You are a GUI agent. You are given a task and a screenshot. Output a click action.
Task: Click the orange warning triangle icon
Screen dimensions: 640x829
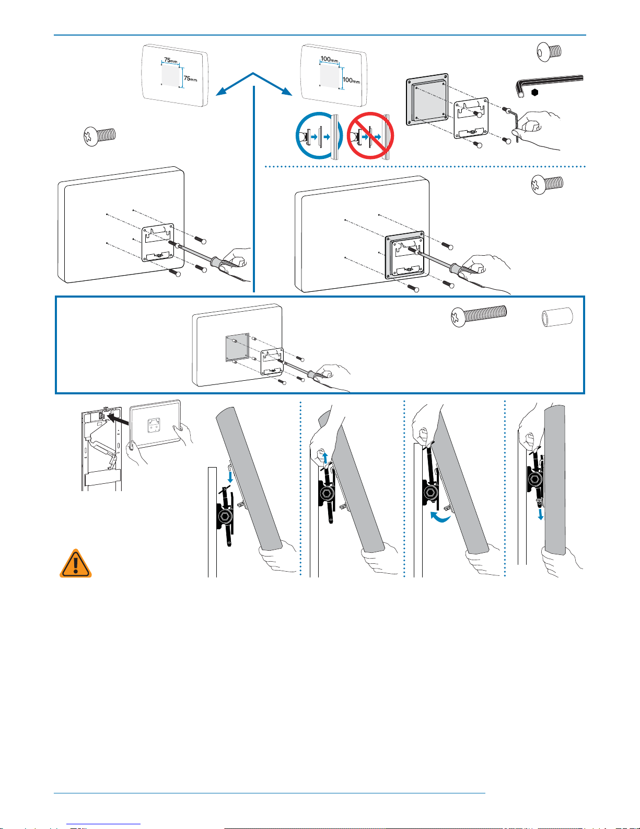pyautogui.click(x=75, y=563)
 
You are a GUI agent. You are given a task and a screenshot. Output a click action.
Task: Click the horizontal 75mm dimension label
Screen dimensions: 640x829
pyautogui.click(x=171, y=60)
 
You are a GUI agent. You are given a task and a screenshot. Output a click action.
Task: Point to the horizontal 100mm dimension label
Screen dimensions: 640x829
pyautogui.click(x=329, y=60)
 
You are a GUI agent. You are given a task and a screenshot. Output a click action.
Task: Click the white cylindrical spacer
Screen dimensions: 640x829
pyautogui.click(x=557, y=317)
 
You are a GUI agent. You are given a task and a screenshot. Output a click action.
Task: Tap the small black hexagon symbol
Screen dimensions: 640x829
pyautogui.click(x=535, y=93)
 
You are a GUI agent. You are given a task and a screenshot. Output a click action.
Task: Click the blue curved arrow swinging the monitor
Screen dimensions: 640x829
pyautogui.click(x=440, y=517)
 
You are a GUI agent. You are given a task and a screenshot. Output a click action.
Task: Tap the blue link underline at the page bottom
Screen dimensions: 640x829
pyautogui.click(x=103, y=824)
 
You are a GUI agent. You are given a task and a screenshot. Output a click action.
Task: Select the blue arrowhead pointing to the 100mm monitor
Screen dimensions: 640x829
pyautogui.click(x=287, y=92)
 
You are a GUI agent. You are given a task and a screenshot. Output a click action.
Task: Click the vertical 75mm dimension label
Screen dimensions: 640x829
pyautogui.click(x=191, y=78)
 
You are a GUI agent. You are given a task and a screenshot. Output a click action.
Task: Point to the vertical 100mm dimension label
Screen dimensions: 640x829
pyautogui.click(x=351, y=80)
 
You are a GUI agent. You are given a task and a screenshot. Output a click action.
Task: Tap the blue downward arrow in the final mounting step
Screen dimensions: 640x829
pyautogui.click(x=540, y=514)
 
